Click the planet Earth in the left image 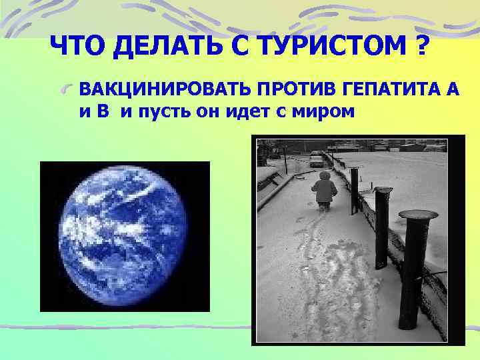point(125,236)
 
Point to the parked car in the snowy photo point(316,159)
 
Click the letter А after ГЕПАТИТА point(451,90)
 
